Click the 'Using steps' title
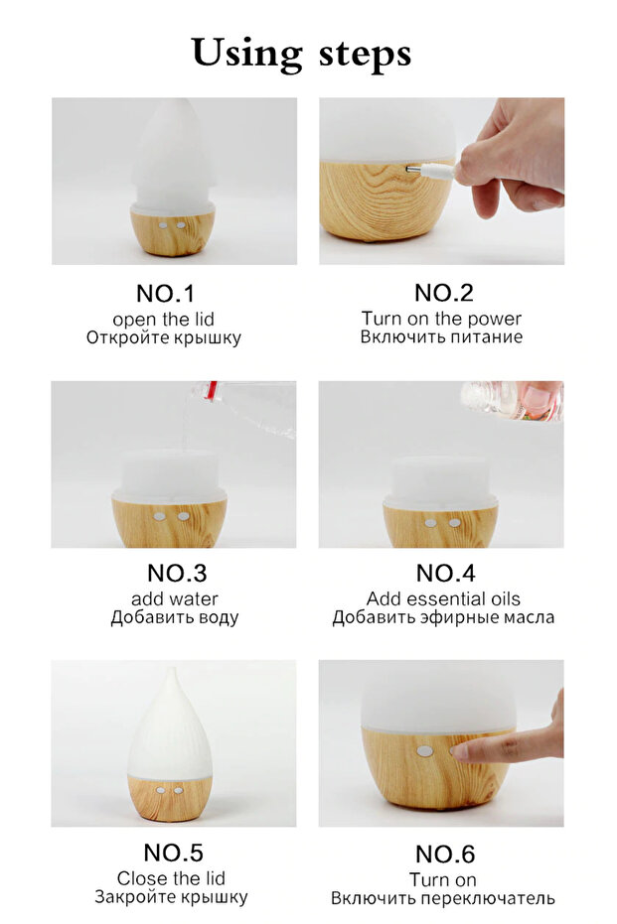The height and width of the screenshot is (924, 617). click(301, 53)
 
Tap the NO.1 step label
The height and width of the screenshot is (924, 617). click(166, 294)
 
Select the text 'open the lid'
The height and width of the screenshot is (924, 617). click(163, 319)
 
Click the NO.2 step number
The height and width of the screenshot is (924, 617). click(443, 293)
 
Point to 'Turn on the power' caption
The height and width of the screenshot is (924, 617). click(441, 319)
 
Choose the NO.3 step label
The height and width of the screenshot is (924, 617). click(176, 574)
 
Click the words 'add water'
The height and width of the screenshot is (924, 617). click(174, 598)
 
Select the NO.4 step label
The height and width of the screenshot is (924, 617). click(445, 574)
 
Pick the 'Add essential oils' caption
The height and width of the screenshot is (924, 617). click(443, 598)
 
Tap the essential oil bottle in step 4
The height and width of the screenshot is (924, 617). click(511, 400)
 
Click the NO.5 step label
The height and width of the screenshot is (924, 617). click(173, 853)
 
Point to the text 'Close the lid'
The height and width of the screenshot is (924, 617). click(171, 878)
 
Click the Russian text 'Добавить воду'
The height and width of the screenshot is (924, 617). click(174, 617)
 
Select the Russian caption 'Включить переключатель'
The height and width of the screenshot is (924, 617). click(443, 898)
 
